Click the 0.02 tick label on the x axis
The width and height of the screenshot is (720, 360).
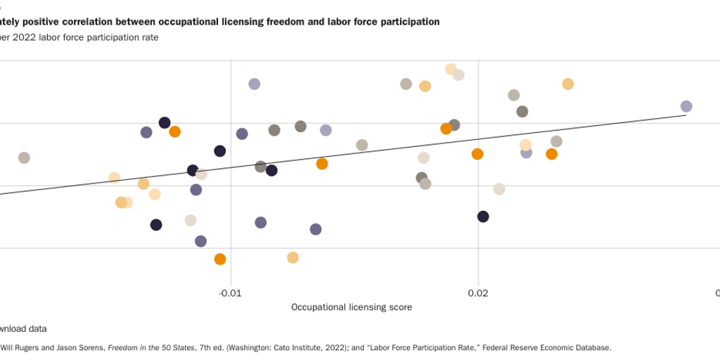pyautogui.click(x=478, y=292)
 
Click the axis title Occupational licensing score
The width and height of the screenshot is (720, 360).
pyautogui.click(x=352, y=307)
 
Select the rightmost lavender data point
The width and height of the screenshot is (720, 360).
pyautogui.click(x=686, y=106)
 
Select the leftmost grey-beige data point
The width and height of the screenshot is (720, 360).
pyautogui.click(x=24, y=157)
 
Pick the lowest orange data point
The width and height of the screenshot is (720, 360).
pyautogui.click(x=220, y=259)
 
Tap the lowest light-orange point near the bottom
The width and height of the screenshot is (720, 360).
pyautogui.click(x=293, y=257)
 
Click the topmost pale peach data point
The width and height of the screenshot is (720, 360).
pyautogui.click(x=451, y=69)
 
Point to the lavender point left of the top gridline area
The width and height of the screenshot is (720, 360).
pyautogui.click(x=255, y=84)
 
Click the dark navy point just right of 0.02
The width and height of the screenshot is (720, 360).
pyautogui.click(x=483, y=216)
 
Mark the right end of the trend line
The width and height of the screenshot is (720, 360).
pyautogui.click(x=686, y=116)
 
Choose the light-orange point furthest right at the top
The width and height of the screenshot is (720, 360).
pyautogui.click(x=568, y=84)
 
